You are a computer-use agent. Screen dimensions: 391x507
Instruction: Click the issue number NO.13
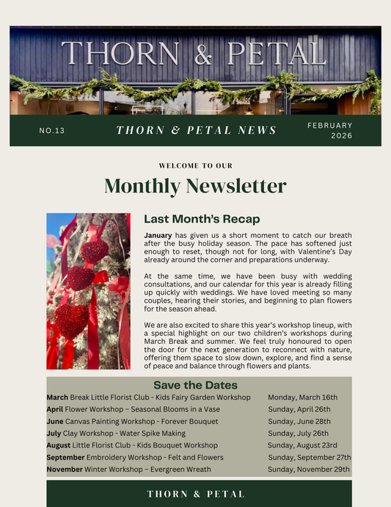(52, 131)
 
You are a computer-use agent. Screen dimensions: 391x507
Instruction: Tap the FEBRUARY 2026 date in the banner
(331, 130)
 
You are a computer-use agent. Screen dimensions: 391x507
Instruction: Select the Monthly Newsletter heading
(195, 185)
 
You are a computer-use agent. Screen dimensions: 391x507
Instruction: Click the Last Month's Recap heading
(202, 219)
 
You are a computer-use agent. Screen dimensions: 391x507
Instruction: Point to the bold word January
(158, 235)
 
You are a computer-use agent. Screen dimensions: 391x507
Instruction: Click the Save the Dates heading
(195, 385)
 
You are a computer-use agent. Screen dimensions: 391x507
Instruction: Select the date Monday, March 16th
(302, 397)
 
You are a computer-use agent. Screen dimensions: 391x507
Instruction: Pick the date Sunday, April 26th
(299, 409)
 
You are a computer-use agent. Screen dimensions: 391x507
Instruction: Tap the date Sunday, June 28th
(299, 421)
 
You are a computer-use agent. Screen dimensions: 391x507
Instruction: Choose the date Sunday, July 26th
(298, 434)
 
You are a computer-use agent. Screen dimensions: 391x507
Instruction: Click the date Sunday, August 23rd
(302, 445)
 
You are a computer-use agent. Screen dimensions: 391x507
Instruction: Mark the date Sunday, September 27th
(307, 457)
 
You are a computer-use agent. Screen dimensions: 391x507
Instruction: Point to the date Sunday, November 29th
(309, 470)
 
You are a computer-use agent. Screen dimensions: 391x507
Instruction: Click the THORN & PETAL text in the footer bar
(196, 494)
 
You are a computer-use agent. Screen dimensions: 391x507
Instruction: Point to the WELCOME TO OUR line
(195, 166)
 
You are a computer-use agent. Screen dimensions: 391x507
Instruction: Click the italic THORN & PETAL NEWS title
(197, 130)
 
